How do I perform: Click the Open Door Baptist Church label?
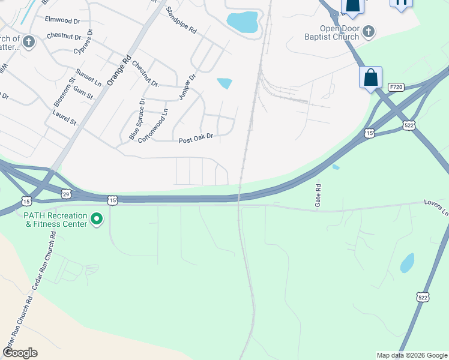[339, 32]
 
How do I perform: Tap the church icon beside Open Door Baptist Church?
[369, 31]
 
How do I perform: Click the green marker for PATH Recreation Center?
[97, 220]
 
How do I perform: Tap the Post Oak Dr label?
[196, 139]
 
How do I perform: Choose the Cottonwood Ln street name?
[153, 125]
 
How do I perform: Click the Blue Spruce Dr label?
[137, 119]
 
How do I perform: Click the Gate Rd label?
[318, 196]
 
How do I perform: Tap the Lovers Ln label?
[437, 208]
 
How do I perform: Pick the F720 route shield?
[395, 87]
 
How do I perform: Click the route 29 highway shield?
[66, 193]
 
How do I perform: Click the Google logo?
[20, 353]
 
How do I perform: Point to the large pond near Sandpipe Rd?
[243, 22]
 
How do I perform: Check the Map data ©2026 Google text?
[411, 355]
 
